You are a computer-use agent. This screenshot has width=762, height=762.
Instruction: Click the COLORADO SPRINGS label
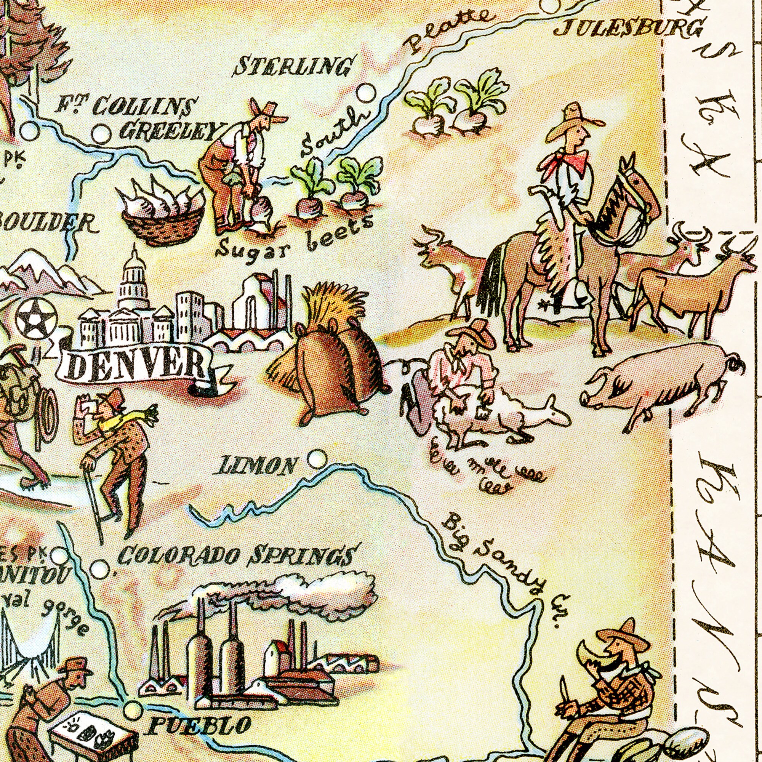coord(234,556)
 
